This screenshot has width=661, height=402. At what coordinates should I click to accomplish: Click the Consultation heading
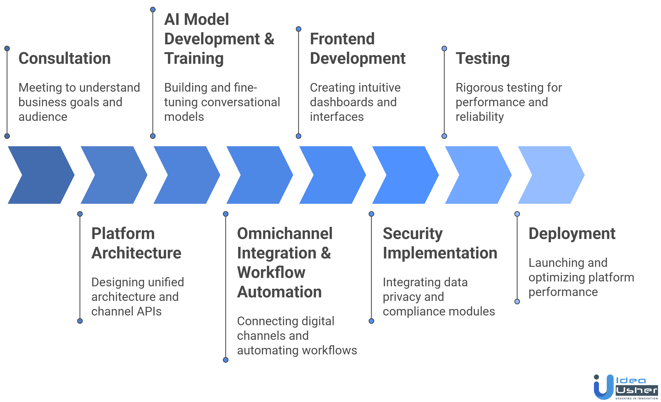tap(65, 58)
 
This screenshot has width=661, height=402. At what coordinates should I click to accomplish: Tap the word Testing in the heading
tap(483, 58)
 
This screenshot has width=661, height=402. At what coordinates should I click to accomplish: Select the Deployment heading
tap(572, 234)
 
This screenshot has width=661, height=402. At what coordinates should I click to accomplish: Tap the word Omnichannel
tap(284, 234)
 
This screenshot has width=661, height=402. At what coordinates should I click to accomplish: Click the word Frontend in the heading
tap(342, 39)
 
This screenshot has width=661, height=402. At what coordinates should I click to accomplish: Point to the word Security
tap(412, 234)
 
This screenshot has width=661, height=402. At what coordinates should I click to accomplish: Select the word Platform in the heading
tap(123, 234)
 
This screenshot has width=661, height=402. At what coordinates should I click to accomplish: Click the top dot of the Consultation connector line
tap(7, 49)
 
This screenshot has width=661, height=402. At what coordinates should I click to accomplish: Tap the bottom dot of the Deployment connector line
tap(517, 301)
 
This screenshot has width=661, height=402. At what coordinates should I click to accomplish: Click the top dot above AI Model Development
tap(153, 10)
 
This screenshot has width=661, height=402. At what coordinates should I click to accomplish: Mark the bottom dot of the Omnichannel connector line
tap(226, 360)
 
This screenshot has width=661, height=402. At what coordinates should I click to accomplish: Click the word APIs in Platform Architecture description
tap(149, 311)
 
